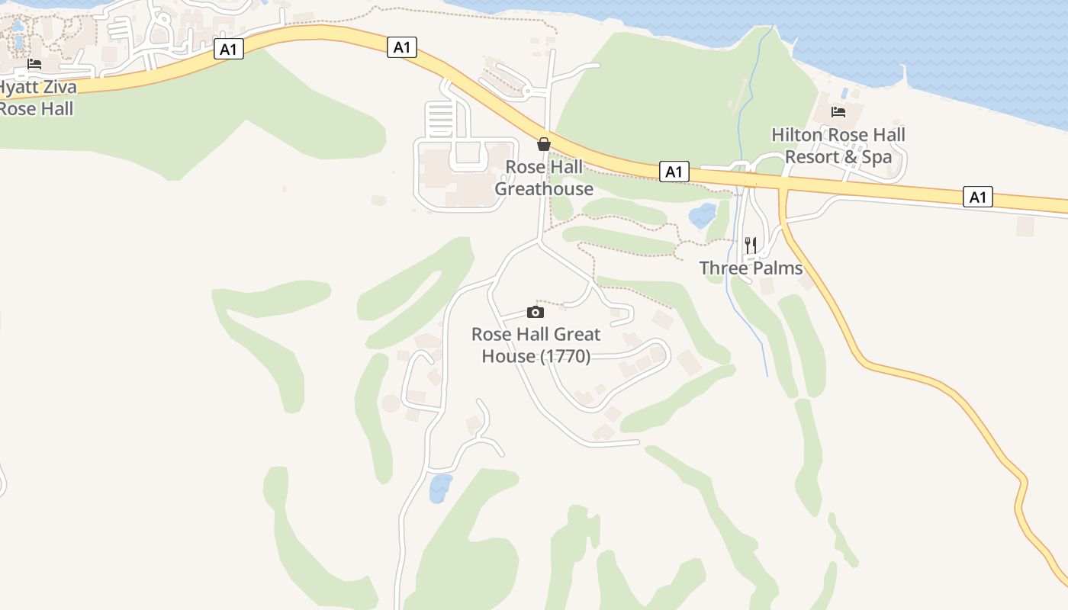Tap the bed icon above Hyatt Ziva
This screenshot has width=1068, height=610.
pyautogui.click(x=34, y=64)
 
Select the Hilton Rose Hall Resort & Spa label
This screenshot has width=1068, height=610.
pyautogui.click(x=838, y=146)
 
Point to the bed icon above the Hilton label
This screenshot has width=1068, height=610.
pyautogui.click(x=838, y=112)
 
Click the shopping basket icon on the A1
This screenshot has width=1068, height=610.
pyautogui.click(x=544, y=143)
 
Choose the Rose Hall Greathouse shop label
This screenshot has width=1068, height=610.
pyautogui.click(x=544, y=178)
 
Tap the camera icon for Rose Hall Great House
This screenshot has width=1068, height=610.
pyautogui.click(x=536, y=312)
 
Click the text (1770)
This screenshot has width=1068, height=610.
pyautogui.click(x=565, y=356)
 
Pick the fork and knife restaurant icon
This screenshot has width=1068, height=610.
pyautogui.click(x=751, y=245)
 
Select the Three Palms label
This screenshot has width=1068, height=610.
pyautogui.click(x=751, y=268)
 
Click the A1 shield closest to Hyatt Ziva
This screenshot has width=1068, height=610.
pyautogui.click(x=229, y=50)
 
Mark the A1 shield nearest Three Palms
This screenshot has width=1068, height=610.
pyautogui.click(x=674, y=172)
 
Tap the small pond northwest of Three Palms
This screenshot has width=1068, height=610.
pyautogui.click(x=703, y=215)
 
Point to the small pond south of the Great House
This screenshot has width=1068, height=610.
pyautogui.click(x=440, y=488)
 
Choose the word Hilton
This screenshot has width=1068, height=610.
pyautogui.click(x=797, y=135)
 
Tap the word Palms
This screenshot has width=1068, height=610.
pyautogui.click(x=777, y=268)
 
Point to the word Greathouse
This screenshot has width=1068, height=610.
pyautogui.click(x=544, y=188)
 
